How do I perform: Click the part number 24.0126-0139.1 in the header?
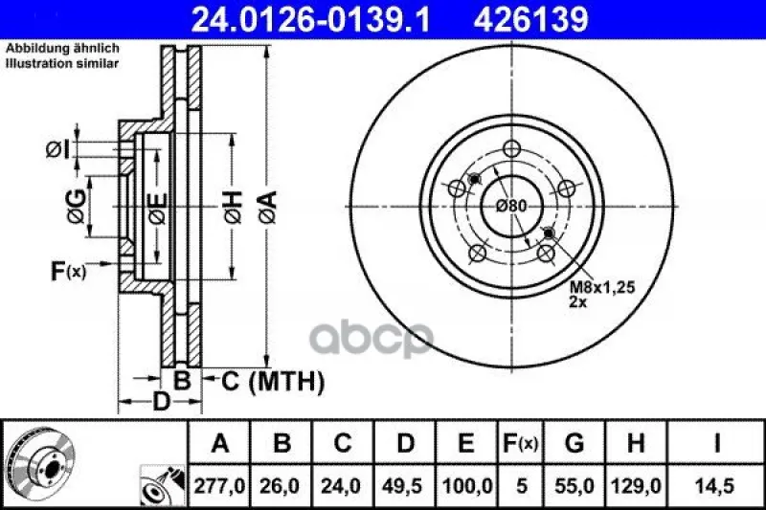(x=311, y=20)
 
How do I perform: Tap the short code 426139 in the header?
(x=531, y=20)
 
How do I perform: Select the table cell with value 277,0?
(x=219, y=486)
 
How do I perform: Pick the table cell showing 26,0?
(x=281, y=486)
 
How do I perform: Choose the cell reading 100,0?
(x=467, y=486)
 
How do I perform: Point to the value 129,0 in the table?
(x=636, y=486)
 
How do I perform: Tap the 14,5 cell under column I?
(x=716, y=486)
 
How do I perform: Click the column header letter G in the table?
(x=574, y=443)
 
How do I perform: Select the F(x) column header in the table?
(x=521, y=443)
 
